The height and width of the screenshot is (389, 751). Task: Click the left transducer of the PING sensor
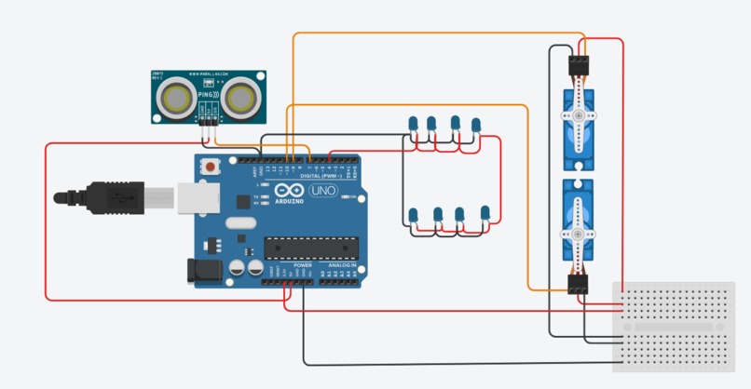[175, 98]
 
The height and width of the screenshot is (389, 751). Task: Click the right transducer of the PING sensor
[239, 98]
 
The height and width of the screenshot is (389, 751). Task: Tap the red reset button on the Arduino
[212, 168]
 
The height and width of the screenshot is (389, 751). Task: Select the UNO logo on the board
[321, 193]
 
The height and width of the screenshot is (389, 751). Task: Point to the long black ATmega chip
[310, 248]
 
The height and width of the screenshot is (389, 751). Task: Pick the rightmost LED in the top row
[476, 125]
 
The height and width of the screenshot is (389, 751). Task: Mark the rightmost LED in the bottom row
[485, 215]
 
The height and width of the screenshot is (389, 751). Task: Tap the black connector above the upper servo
[578, 64]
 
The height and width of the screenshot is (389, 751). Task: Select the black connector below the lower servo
[579, 284]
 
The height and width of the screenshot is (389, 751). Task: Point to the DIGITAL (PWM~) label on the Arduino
[319, 175]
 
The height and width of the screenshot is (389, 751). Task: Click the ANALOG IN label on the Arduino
[340, 265]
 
